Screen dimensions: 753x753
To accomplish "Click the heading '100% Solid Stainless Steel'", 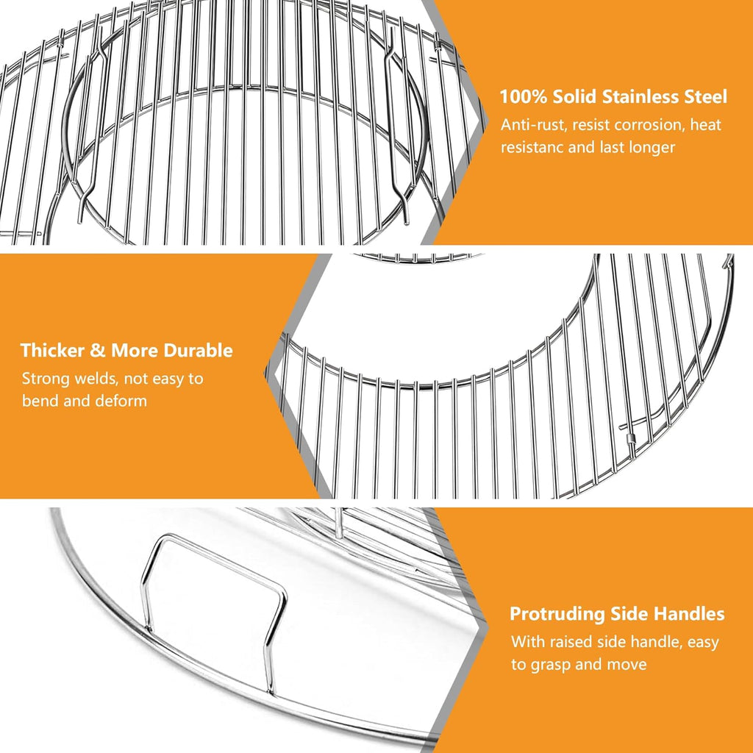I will tap(613, 96).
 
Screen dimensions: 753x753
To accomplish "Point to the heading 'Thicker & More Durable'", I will tap(126, 350).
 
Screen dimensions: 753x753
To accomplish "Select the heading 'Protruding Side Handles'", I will tap(617, 614).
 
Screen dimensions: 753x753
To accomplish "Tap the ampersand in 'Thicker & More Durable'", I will tap(99, 350).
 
